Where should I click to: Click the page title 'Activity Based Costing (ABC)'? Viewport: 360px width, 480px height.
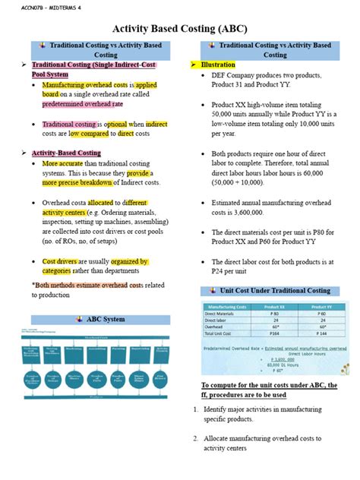click(179, 28)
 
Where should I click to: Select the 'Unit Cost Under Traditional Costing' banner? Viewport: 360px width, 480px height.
click(276, 291)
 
